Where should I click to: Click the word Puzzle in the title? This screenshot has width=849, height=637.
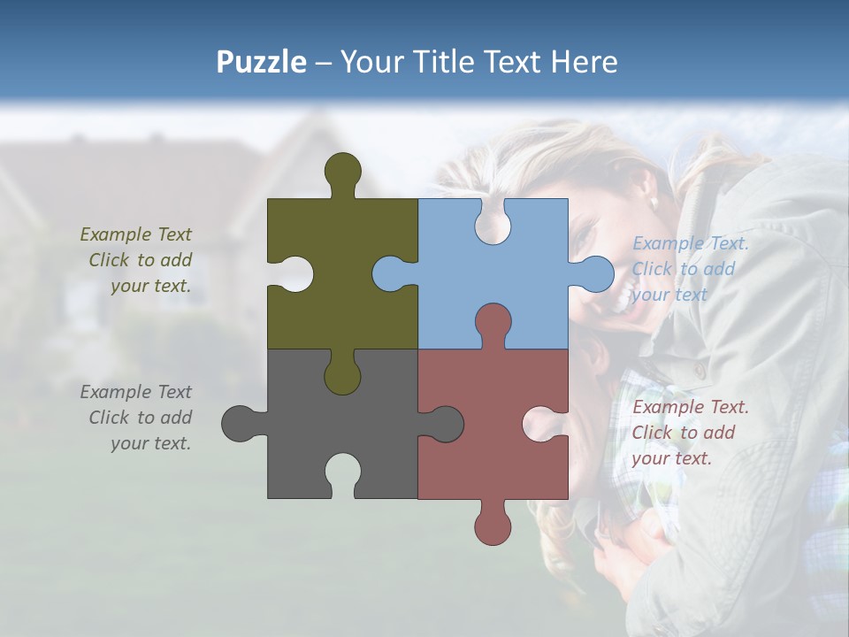pyautogui.click(x=262, y=62)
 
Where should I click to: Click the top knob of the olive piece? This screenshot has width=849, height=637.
pyautogui.click(x=343, y=172)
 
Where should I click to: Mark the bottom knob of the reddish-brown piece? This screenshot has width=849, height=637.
pyautogui.click(x=493, y=524)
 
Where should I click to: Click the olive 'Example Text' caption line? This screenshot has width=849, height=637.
pyautogui.click(x=135, y=234)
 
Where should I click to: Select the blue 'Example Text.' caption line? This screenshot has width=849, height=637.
pyautogui.click(x=691, y=243)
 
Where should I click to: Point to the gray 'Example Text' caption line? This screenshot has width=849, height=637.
pyautogui.click(x=135, y=392)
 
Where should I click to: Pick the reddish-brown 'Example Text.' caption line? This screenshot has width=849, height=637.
pyautogui.click(x=691, y=407)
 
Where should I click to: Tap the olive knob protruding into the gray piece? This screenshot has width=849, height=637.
pyautogui.click(x=343, y=375)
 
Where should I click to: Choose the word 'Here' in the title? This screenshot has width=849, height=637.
pyautogui.click(x=584, y=62)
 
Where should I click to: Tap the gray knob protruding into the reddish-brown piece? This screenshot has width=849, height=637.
pyautogui.click(x=443, y=424)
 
